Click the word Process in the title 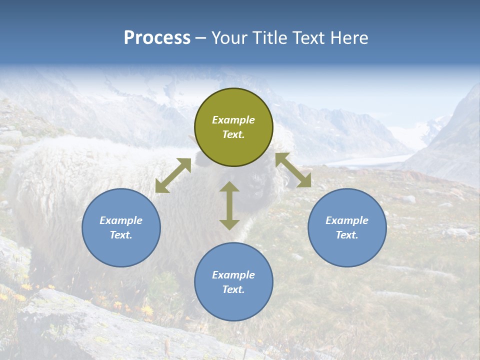pyautogui.click(x=157, y=38)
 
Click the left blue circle pyautogui.click(x=121, y=227)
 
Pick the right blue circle pyautogui.click(x=347, y=227)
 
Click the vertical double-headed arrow pyautogui.click(x=229, y=205)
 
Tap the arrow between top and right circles pyautogui.click(x=293, y=170)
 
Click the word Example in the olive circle pyautogui.click(x=233, y=120)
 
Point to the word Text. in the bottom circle pyautogui.click(x=233, y=289)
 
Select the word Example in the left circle pyautogui.click(x=121, y=220)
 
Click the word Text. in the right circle pyautogui.click(x=347, y=235)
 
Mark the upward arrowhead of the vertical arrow pyautogui.click(x=229, y=186)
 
